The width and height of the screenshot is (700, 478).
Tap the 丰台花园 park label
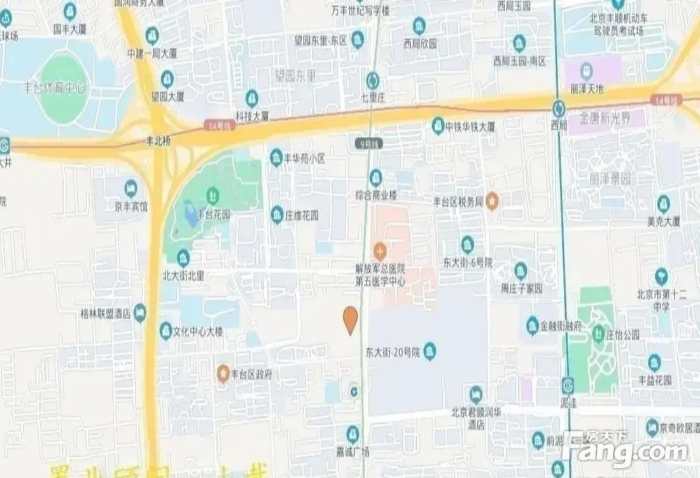pyautogui.click(x=213, y=215)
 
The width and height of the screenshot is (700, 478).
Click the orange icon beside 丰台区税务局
pyautogui.click(x=492, y=202)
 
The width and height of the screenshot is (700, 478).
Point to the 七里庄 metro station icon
pyautogui.click(x=373, y=79)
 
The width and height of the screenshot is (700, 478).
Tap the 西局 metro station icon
pyautogui.click(x=559, y=108)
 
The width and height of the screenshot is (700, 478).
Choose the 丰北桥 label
pyautogui.click(x=157, y=140)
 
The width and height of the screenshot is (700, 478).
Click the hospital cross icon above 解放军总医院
pyautogui.click(x=379, y=249)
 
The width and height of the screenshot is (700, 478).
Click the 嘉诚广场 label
pyautogui.click(x=353, y=451)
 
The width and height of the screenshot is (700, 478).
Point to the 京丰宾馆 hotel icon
pyautogui.click(x=131, y=188)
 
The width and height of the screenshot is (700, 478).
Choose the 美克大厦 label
pyautogui.click(x=663, y=222)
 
